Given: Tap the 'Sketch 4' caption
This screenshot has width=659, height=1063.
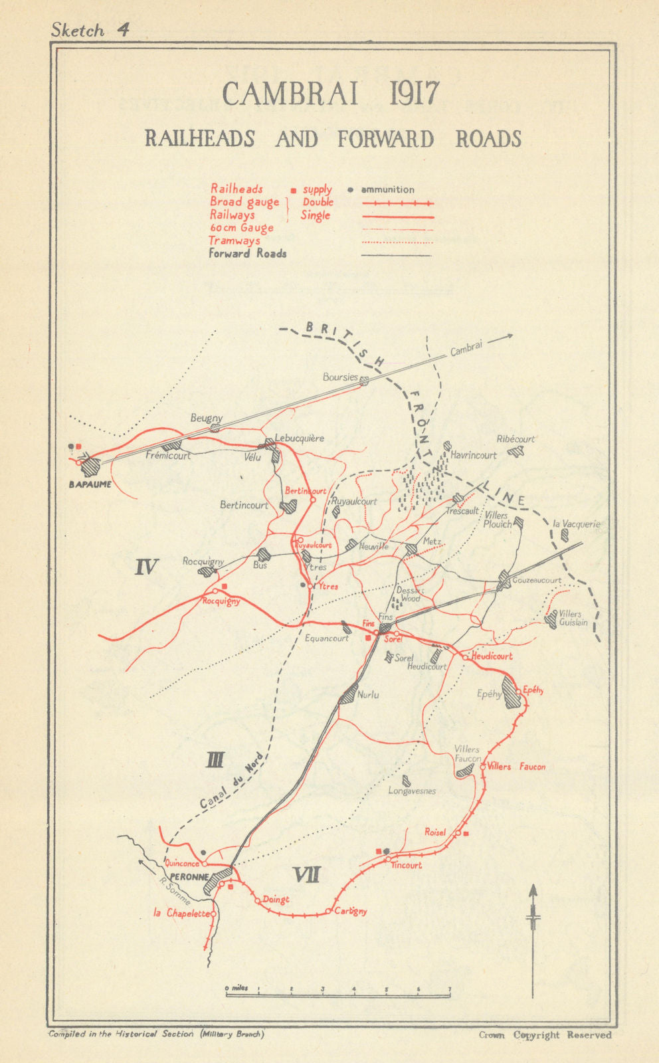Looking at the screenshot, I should (89, 30).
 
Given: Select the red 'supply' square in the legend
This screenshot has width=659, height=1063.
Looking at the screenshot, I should (294, 191).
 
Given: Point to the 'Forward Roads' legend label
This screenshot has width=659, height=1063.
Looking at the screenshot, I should (248, 253).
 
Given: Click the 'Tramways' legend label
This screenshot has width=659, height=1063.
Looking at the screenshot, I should (235, 241).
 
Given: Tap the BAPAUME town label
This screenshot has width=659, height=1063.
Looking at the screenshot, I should (90, 484).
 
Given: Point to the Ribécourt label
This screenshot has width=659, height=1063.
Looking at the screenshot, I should (516, 439).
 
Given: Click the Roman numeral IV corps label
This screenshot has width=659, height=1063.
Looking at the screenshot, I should (147, 567).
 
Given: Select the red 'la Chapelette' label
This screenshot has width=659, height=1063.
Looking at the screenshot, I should (181, 913).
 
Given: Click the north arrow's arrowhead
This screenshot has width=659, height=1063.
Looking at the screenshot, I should (532, 890).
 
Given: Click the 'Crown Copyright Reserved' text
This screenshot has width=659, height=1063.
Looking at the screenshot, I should (545, 1034).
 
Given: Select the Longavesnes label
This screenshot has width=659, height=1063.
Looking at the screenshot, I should (412, 791).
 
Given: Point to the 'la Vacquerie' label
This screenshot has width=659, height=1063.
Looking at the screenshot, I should (576, 524).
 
